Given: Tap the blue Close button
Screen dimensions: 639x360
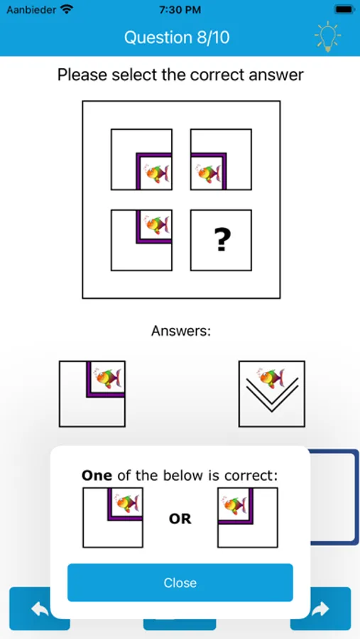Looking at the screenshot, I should click(180, 583).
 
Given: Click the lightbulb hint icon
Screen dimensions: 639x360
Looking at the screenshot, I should click(327, 37).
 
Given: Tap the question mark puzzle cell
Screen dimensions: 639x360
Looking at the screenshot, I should click(221, 241).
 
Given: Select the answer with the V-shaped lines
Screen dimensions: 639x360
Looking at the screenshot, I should click(272, 394).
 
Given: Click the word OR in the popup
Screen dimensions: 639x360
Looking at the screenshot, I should click(180, 519).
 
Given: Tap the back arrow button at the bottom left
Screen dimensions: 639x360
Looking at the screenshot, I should click(39, 608).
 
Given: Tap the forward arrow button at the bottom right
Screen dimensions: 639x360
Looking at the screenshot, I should click(321, 608).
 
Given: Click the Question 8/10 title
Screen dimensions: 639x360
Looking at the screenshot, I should click(177, 38).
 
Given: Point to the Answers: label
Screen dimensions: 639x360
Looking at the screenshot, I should click(181, 331).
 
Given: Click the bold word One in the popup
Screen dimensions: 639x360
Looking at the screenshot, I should click(97, 476).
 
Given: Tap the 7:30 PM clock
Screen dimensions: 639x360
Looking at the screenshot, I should click(180, 10).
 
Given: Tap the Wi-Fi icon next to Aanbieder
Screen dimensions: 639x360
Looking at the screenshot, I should click(67, 10).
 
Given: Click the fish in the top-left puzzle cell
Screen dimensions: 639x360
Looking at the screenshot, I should click(156, 173).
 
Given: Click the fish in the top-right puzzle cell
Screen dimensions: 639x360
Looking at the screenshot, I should click(207, 173).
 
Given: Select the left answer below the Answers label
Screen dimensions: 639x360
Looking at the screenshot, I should click(92, 394).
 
